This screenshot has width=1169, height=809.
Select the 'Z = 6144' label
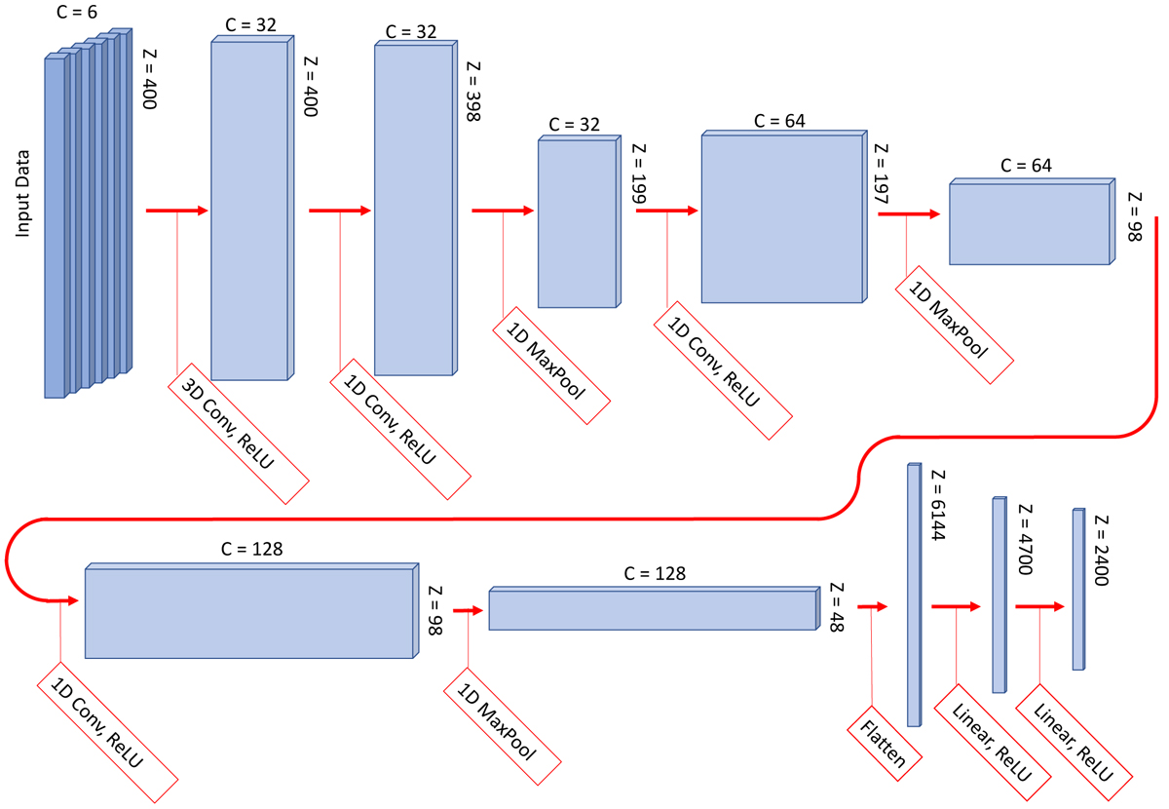click(939, 501)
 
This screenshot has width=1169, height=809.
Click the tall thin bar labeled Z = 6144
click(914, 595)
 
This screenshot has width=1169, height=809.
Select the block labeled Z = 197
click(783, 217)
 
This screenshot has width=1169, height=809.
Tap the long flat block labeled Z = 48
click(651, 609)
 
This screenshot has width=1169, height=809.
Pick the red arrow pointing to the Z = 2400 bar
click(1041, 605)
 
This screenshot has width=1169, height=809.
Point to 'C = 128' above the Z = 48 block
click(655, 574)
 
